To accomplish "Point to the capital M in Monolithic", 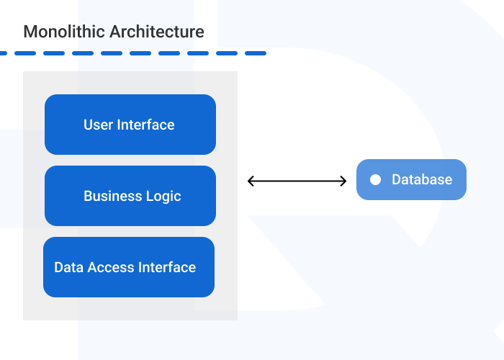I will click(x=30, y=32).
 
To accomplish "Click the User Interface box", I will click(x=130, y=125).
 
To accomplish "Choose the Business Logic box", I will click(x=130, y=196).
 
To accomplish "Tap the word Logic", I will click(x=163, y=196).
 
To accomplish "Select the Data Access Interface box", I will click(x=129, y=267).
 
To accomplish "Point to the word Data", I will click(x=69, y=267).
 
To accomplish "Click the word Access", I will click(x=110, y=267).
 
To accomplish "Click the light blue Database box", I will click(x=411, y=179).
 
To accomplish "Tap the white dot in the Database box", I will click(x=375, y=180).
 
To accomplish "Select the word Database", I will click(x=422, y=180).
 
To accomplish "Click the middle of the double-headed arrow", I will click(x=297, y=181).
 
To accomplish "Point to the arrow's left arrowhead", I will click(x=251, y=181).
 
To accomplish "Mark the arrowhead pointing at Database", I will click(x=343, y=181).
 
